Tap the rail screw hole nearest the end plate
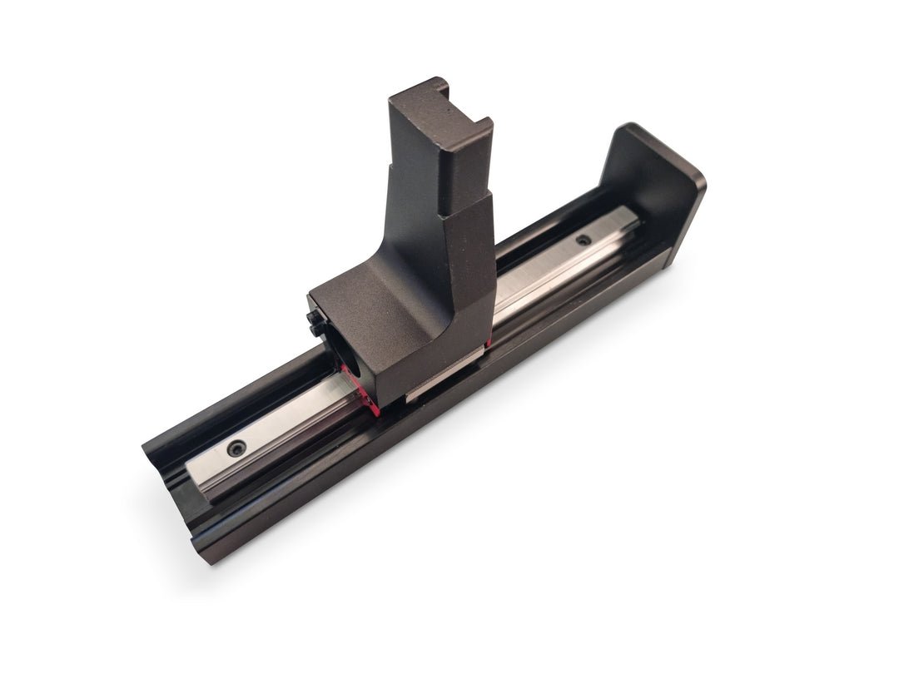click(584, 240)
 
